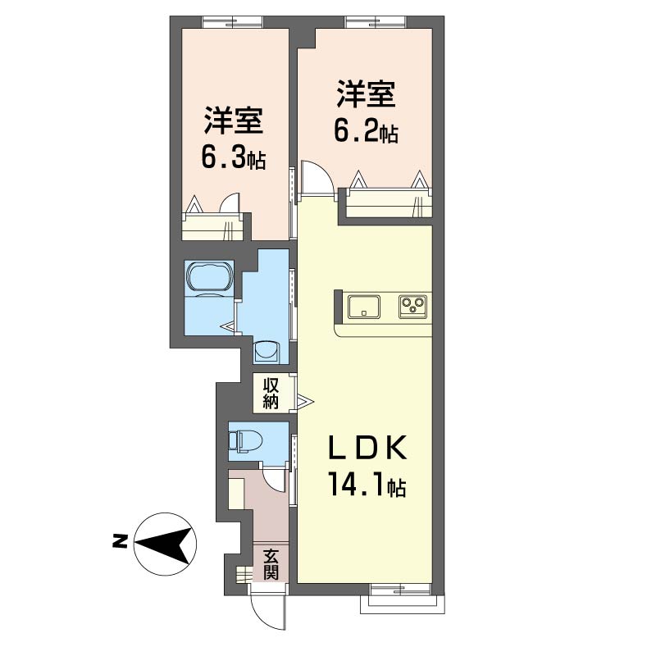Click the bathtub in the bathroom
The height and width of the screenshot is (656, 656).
tap(210, 276)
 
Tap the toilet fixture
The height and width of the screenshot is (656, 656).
tap(245, 440)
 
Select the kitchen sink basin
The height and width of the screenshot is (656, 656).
tap(364, 307)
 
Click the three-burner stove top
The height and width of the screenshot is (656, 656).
tap(413, 307)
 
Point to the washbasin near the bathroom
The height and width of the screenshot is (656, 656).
tap(266, 353)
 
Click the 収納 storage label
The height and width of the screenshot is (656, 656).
tap(271, 394)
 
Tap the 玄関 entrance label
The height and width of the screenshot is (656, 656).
tap(271, 564)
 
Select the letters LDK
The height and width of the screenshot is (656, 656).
tap(367, 448)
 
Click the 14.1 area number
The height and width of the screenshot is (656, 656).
tap(356, 484)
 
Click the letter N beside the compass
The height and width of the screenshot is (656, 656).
tap(120, 541)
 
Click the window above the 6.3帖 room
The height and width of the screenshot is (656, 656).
tap(233, 22)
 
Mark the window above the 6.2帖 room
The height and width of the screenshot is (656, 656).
tap(376, 22)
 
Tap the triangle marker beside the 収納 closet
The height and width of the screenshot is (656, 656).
tap(304, 402)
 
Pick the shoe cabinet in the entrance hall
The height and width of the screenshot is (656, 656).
tap(236, 494)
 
